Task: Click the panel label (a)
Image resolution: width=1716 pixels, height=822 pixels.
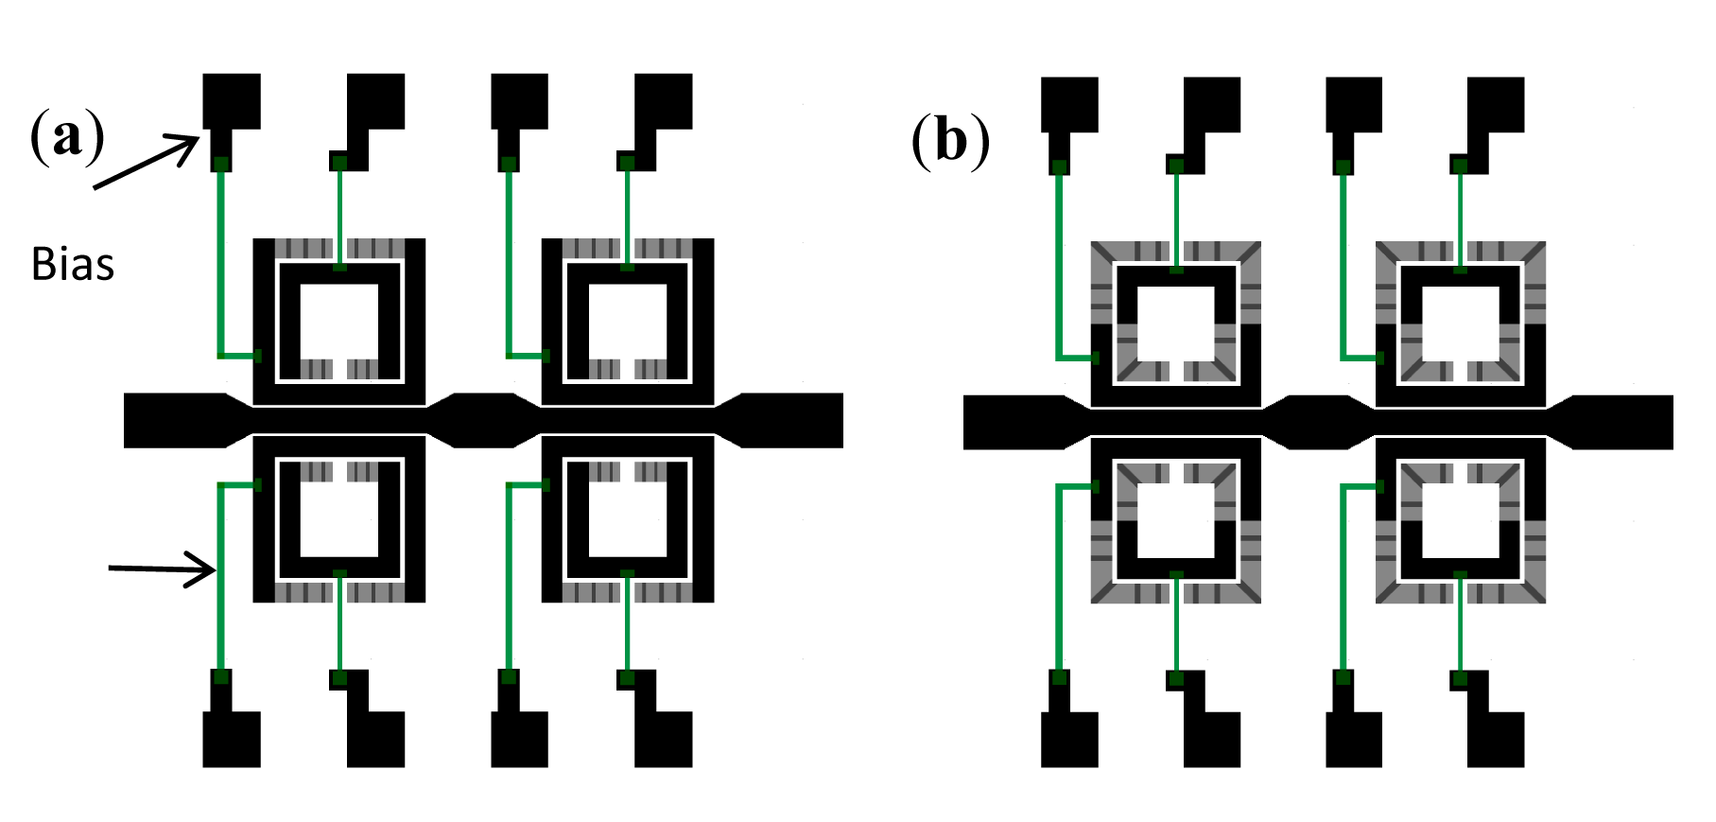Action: pos(67,137)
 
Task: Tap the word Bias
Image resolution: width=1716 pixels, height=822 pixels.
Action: pos(73,265)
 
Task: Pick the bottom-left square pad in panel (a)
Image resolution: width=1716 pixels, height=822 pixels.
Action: pos(232,739)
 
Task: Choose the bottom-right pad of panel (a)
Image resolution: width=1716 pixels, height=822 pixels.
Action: pos(663,739)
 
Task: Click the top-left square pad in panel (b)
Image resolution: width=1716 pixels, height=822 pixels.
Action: pos(1069,104)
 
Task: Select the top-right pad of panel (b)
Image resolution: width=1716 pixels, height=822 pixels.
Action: pos(1496,104)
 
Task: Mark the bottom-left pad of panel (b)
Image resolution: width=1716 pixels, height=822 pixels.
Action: pos(1069,739)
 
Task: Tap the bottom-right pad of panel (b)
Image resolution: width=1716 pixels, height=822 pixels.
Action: pos(1496,739)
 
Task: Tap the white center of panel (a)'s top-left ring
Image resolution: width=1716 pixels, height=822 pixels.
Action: pos(339,321)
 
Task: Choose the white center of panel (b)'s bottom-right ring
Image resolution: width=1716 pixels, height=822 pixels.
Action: pos(1460,521)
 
